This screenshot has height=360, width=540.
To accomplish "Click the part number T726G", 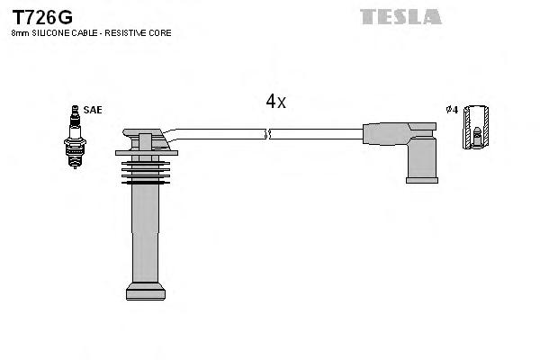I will (x=41, y=17).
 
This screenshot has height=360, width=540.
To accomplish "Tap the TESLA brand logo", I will (x=400, y=16).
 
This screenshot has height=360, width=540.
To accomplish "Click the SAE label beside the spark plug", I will (x=92, y=110).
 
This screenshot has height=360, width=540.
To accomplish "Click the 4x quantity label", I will (x=275, y=102).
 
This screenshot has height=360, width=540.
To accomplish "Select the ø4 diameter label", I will (x=452, y=110).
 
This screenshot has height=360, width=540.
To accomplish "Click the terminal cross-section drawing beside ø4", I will (x=479, y=126).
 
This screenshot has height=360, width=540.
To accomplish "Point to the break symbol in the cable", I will (x=265, y=134).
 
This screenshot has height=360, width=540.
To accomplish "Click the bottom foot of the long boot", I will (x=145, y=292).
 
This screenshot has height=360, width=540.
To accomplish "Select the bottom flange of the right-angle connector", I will (x=421, y=180).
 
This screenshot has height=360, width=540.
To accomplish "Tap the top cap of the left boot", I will (x=145, y=140).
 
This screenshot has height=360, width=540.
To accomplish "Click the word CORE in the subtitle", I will (x=160, y=32).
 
